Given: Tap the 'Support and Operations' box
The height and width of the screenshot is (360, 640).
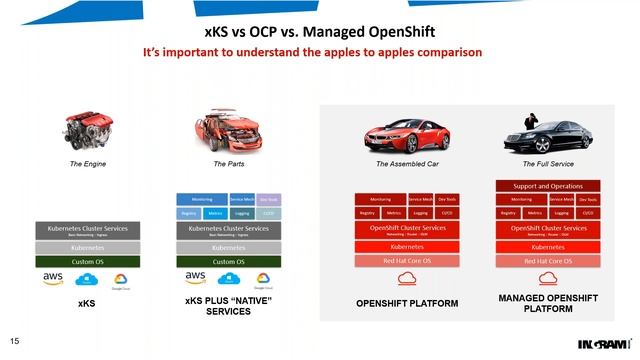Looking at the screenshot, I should (547, 186).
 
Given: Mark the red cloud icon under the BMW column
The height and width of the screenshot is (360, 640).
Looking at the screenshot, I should (406, 278).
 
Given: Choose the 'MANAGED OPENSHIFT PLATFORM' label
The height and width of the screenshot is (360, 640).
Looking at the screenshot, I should (546, 303).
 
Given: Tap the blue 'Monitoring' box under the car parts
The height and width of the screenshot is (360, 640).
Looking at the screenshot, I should (201, 199).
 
